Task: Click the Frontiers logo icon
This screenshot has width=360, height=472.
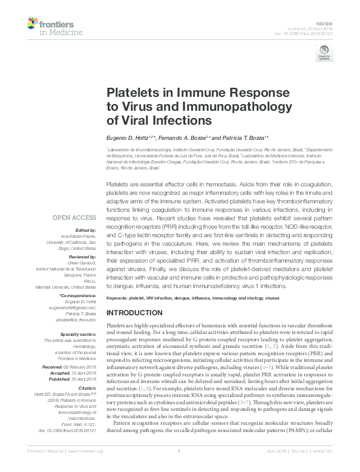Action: [x=34, y=24]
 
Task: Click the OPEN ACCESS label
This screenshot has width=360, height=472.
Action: [x=75, y=217]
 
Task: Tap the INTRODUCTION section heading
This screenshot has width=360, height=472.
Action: [x=134, y=313]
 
